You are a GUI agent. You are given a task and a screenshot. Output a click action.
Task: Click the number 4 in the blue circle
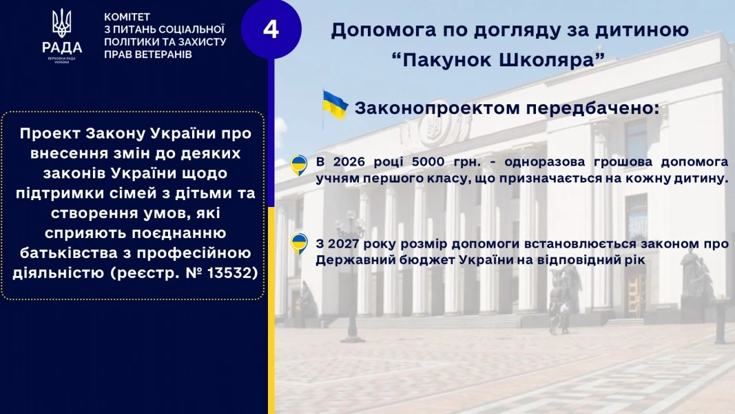tap(271, 30)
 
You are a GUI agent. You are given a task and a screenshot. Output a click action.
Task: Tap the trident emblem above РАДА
tap(62, 23)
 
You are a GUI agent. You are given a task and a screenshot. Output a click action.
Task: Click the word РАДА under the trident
tap(62, 48)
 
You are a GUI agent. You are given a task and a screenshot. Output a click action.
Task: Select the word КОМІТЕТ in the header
tap(127, 17)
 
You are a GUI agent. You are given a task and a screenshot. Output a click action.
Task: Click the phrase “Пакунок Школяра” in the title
tap(498, 60)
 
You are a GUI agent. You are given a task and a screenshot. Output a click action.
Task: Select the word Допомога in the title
tap(382, 30)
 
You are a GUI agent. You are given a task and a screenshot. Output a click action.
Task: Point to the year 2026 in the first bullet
tap(349, 161)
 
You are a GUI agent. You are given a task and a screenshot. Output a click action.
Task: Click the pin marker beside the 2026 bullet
tap(299, 165)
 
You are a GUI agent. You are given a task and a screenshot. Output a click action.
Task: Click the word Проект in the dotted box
tap(50, 134)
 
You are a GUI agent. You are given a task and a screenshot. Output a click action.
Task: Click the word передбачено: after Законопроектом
tap(592, 108)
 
